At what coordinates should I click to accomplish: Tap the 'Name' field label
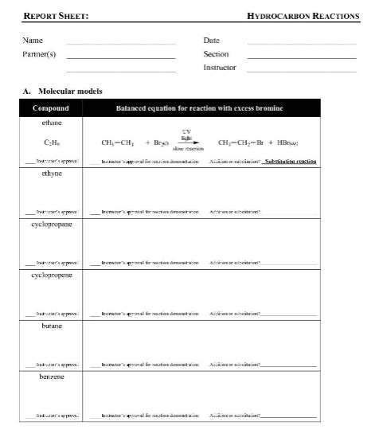tap(33, 40)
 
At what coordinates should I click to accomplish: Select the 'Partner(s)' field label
tap(39, 54)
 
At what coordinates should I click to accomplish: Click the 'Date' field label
tap(212, 40)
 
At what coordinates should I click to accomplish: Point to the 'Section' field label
tap(216, 54)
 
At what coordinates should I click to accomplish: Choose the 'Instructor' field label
tap(220, 68)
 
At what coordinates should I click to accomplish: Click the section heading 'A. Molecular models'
tap(63, 91)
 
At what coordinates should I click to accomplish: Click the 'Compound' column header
tap(51, 108)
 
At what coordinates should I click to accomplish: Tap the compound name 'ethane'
tap(52, 123)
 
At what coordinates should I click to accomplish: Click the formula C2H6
tap(52, 142)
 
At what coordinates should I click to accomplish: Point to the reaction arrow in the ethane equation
tap(186, 143)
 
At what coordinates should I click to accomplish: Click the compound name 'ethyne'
tap(52, 174)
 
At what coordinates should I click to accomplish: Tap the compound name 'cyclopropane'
tap(52, 224)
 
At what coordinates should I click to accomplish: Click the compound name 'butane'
tap(52, 326)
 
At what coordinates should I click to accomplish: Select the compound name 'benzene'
tap(52, 376)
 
